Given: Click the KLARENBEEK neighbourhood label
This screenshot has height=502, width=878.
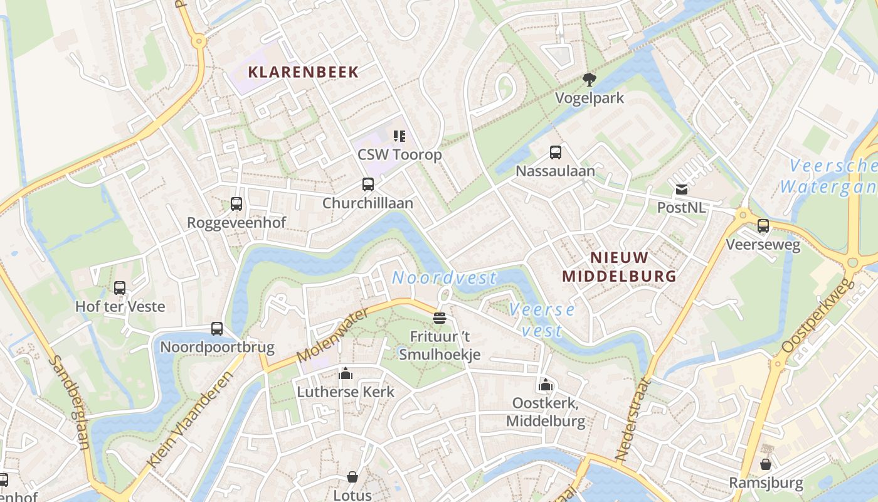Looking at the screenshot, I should tap(303, 72).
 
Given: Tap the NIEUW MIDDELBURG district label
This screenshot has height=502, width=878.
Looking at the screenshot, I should tap(619, 267).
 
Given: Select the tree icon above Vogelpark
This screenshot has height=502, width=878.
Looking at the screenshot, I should tap(589, 80).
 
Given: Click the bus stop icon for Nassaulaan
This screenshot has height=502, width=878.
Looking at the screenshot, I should tap(556, 152).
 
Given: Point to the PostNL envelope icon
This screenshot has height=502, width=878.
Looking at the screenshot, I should tap(681, 190).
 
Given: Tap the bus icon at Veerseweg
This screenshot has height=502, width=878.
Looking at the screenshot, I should tap(763, 226).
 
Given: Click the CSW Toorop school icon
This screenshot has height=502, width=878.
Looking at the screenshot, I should tap(399, 136).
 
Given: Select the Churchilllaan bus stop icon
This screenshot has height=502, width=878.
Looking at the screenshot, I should tap(368, 184).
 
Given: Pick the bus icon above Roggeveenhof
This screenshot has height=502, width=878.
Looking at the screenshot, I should tap(236, 204).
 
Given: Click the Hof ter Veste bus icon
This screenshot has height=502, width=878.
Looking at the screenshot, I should tap(120, 288).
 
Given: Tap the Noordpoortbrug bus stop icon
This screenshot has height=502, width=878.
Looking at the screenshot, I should tap(217, 329).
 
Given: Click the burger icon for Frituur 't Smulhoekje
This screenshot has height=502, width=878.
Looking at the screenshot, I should tap(440, 318).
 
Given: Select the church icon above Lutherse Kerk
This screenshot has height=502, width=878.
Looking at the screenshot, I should tap(346, 374).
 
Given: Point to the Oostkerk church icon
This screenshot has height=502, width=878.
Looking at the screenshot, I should tap(546, 385).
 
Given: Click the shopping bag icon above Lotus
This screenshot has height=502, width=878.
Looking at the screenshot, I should tap(352, 478).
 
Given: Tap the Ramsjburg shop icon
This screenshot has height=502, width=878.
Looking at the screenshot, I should tap(766, 464).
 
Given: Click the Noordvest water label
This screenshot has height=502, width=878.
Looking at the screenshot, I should tap(444, 278).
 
